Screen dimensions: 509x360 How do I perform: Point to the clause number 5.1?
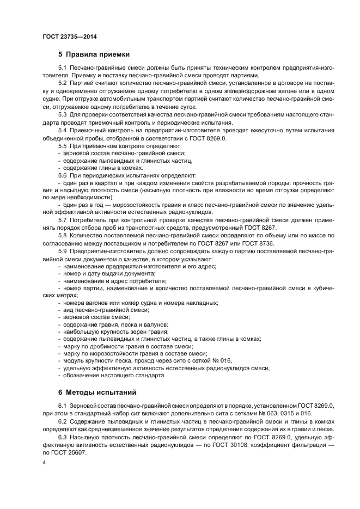(x=62, y=67)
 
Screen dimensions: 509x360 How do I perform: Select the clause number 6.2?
(x=62, y=421)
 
